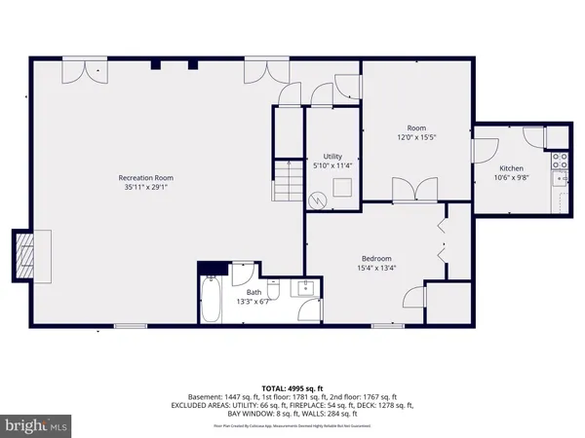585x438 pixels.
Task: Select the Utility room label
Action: pyautogui.click(x=332, y=156)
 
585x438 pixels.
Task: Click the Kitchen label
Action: pyautogui.click(x=511, y=168)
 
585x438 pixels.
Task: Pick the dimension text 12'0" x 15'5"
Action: pyautogui.click(x=416, y=137)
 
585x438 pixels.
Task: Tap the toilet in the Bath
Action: pyautogui.click(x=276, y=288)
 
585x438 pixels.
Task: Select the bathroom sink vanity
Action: pyautogui.click(x=306, y=288)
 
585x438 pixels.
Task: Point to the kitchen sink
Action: pyautogui.click(x=561, y=177)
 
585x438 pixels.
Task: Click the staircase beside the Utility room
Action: pyautogui.click(x=286, y=179)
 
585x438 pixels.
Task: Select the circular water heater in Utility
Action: pyautogui.click(x=317, y=199)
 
